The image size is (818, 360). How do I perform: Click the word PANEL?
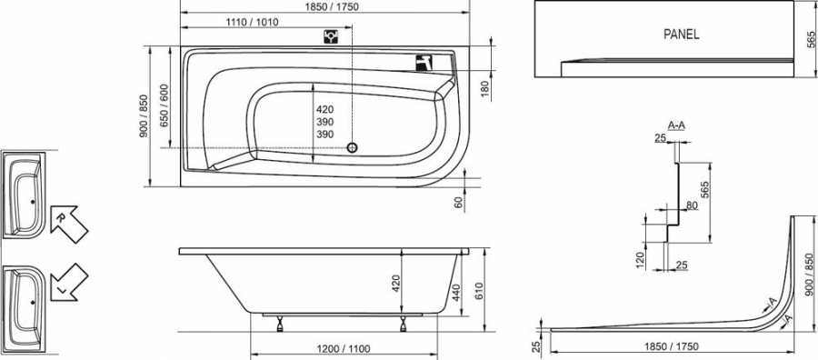[682, 35]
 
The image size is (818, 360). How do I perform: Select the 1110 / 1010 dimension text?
[253, 22]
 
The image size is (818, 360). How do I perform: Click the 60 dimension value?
[459, 203]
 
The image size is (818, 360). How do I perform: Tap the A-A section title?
[676, 125]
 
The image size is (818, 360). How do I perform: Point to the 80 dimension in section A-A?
[692, 205]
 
